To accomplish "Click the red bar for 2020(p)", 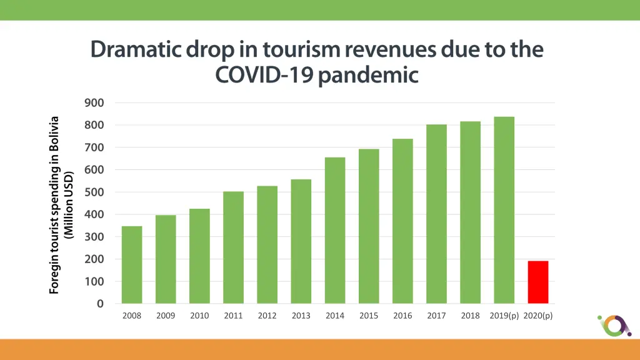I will point(537,282).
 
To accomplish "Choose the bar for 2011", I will point(233,247).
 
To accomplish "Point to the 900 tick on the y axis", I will point(95,102).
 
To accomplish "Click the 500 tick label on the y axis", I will point(95,192).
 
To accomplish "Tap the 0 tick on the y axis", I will point(100,304).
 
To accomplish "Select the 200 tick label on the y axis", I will point(95,259).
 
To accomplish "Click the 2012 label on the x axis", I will point(267,316).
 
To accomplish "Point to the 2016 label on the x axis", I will point(402,316).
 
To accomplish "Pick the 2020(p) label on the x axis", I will point(537,316).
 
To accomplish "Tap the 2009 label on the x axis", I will point(166,316).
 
